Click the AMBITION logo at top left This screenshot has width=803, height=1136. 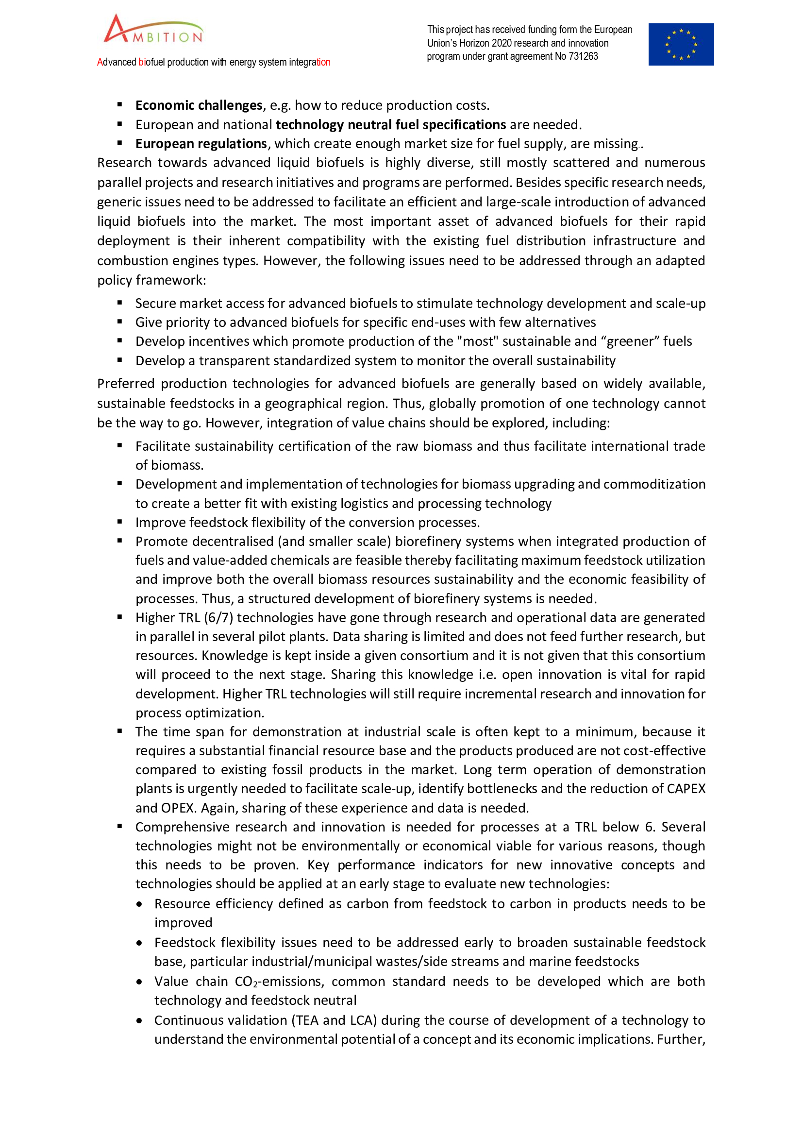pyautogui.click(x=153, y=30)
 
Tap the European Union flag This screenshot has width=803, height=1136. pyautogui.click(x=680, y=45)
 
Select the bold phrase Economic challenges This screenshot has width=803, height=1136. pyautogui.click(x=199, y=105)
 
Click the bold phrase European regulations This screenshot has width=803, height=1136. pyautogui.click(x=201, y=144)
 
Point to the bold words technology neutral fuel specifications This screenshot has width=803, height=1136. pyautogui.click(x=391, y=125)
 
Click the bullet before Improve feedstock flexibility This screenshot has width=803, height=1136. pyautogui.click(x=119, y=522)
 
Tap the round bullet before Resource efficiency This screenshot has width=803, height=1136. pyautogui.click(x=140, y=904)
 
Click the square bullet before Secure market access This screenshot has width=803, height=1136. pyautogui.click(x=119, y=303)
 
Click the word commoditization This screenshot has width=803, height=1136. pyautogui.click(x=654, y=484)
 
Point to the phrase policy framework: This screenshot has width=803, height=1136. pyautogui.click(x=151, y=281)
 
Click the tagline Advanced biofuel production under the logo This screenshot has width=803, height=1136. pyautogui.click(x=214, y=62)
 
